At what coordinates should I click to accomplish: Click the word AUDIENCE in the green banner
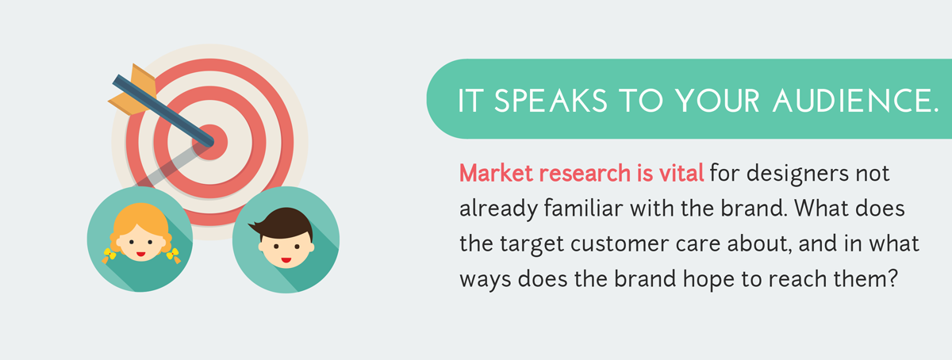pyautogui.click(x=855, y=101)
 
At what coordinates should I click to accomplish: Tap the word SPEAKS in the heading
pyautogui.click(x=551, y=101)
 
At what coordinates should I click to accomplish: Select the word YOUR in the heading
pyautogui.click(x=717, y=101)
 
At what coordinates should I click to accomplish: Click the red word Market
pyautogui.click(x=496, y=174)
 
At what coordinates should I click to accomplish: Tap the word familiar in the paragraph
pyautogui.click(x=583, y=209)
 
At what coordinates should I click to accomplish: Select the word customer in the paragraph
pyautogui.click(x=620, y=244)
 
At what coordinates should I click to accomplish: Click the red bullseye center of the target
pyautogui.click(x=210, y=142)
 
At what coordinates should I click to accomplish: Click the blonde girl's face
pyautogui.click(x=140, y=243)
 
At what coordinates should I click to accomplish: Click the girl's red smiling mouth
pyautogui.click(x=141, y=255)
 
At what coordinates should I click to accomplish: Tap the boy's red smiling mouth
pyautogui.click(x=286, y=259)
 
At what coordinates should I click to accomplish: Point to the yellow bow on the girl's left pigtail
pyautogui.click(x=109, y=254)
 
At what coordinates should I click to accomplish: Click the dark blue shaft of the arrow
pyautogui.click(x=163, y=111)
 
